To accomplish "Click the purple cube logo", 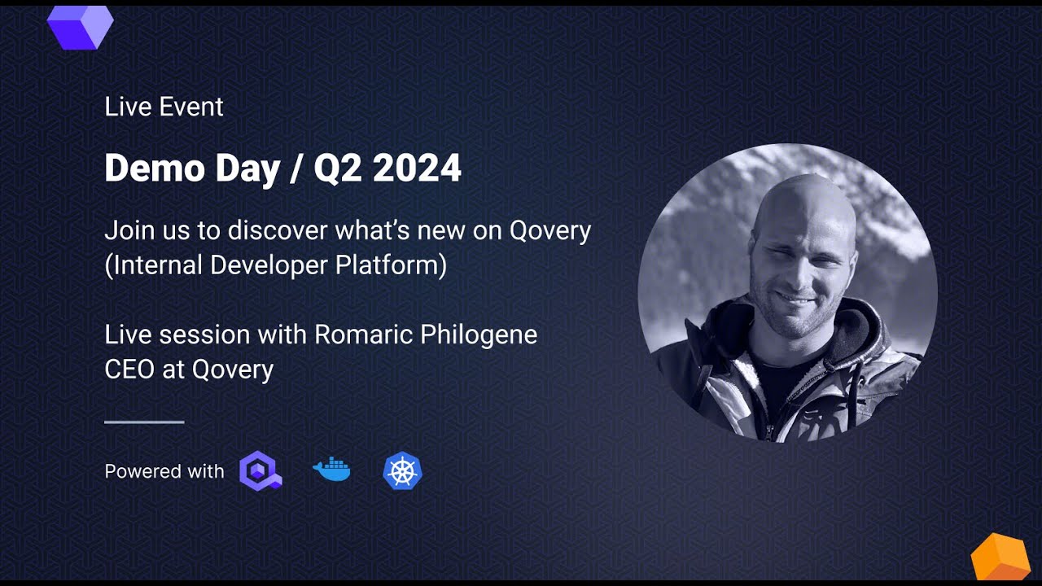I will point(80,25).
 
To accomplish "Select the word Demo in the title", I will point(143,168).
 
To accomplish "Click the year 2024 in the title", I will point(417,168).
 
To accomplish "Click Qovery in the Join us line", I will point(549,231).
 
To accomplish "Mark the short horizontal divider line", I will point(144,422).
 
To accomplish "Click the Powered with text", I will point(164,471).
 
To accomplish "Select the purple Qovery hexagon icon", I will point(260,471).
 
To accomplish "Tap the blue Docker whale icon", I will point(331,470).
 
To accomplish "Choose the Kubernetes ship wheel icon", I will point(402,471).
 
